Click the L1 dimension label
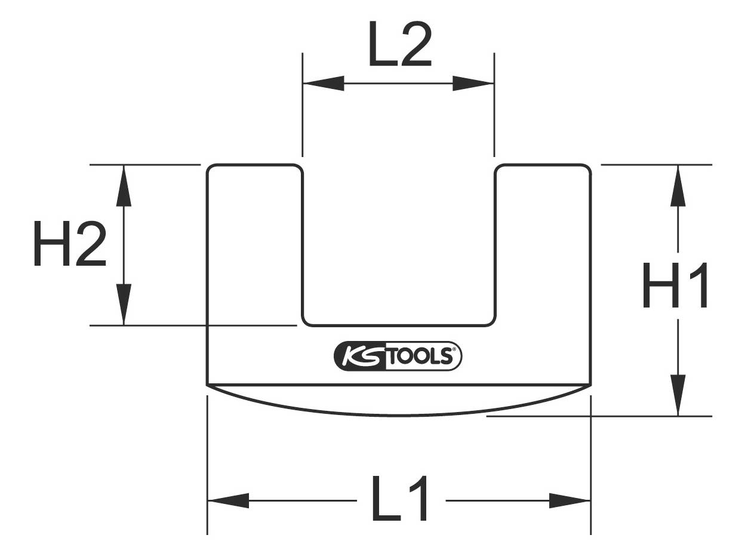399,499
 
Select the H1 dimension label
675,286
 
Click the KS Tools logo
398,356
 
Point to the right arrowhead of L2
473,83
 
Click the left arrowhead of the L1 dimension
228,500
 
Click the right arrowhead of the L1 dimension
570,500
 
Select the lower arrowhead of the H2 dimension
124,305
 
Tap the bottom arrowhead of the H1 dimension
678,395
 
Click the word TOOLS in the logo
420,356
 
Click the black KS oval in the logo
360,356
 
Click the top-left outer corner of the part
210,167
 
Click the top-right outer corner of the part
588,167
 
